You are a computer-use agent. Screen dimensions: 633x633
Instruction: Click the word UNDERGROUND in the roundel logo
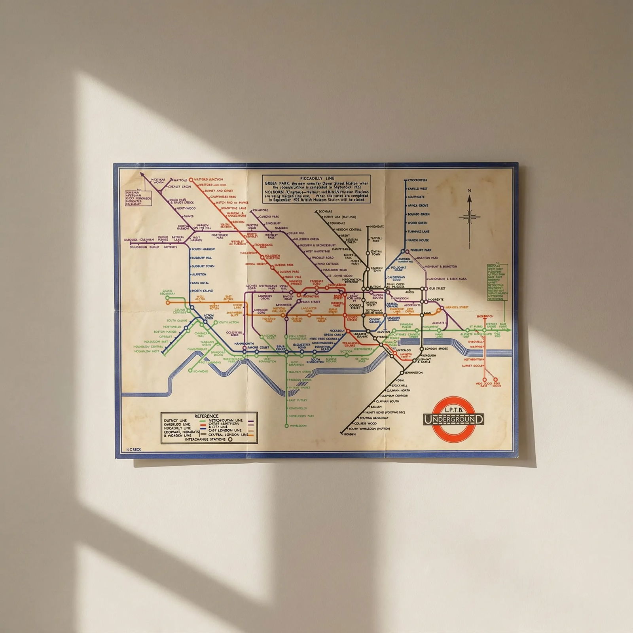453,419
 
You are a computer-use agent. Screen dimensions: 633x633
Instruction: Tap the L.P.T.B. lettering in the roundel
453,408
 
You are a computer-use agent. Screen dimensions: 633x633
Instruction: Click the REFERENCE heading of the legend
206,416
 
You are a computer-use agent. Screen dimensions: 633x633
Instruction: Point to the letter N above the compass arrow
470,191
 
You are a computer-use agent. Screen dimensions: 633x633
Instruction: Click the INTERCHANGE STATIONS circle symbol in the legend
230,439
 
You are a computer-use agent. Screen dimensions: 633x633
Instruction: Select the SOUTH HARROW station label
203,249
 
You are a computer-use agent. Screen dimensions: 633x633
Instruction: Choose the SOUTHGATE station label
416,197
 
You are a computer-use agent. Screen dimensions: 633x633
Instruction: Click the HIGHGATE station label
377,227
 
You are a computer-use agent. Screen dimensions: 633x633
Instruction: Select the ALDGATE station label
438,323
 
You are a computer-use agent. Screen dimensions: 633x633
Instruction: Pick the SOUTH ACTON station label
228,322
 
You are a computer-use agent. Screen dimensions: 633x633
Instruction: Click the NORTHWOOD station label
186,208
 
